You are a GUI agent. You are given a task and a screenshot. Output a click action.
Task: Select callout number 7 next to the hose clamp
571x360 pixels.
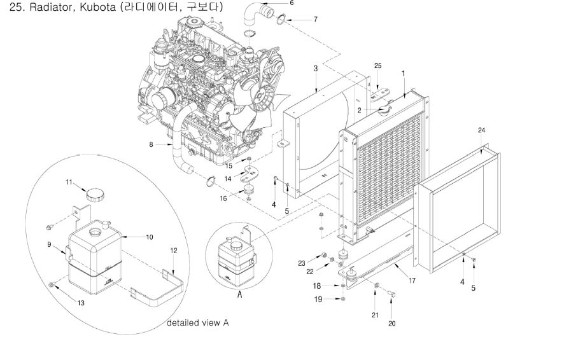coord(314,20)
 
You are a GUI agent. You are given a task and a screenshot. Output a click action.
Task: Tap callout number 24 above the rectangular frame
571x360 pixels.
coord(481,130)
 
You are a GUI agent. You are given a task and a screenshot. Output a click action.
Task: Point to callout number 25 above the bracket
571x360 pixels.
coord(377,66)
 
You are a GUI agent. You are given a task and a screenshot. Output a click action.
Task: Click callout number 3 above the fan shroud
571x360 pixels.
coord(315,68)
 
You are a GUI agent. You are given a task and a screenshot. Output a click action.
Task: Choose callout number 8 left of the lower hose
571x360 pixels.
coord(151,144)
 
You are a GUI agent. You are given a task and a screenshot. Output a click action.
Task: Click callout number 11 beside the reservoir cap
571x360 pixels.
coord(69,183)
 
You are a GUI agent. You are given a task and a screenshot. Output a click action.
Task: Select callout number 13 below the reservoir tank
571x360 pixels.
coord(81,303)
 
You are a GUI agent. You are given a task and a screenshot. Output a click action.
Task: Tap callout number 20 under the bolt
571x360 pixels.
coord(391,323)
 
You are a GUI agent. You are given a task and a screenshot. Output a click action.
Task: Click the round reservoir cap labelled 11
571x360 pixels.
coord(97,194)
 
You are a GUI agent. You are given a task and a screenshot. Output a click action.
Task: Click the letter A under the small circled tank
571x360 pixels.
coord(239,294)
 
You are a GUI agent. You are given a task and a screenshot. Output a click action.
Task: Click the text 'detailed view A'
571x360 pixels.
coord(197,323)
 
